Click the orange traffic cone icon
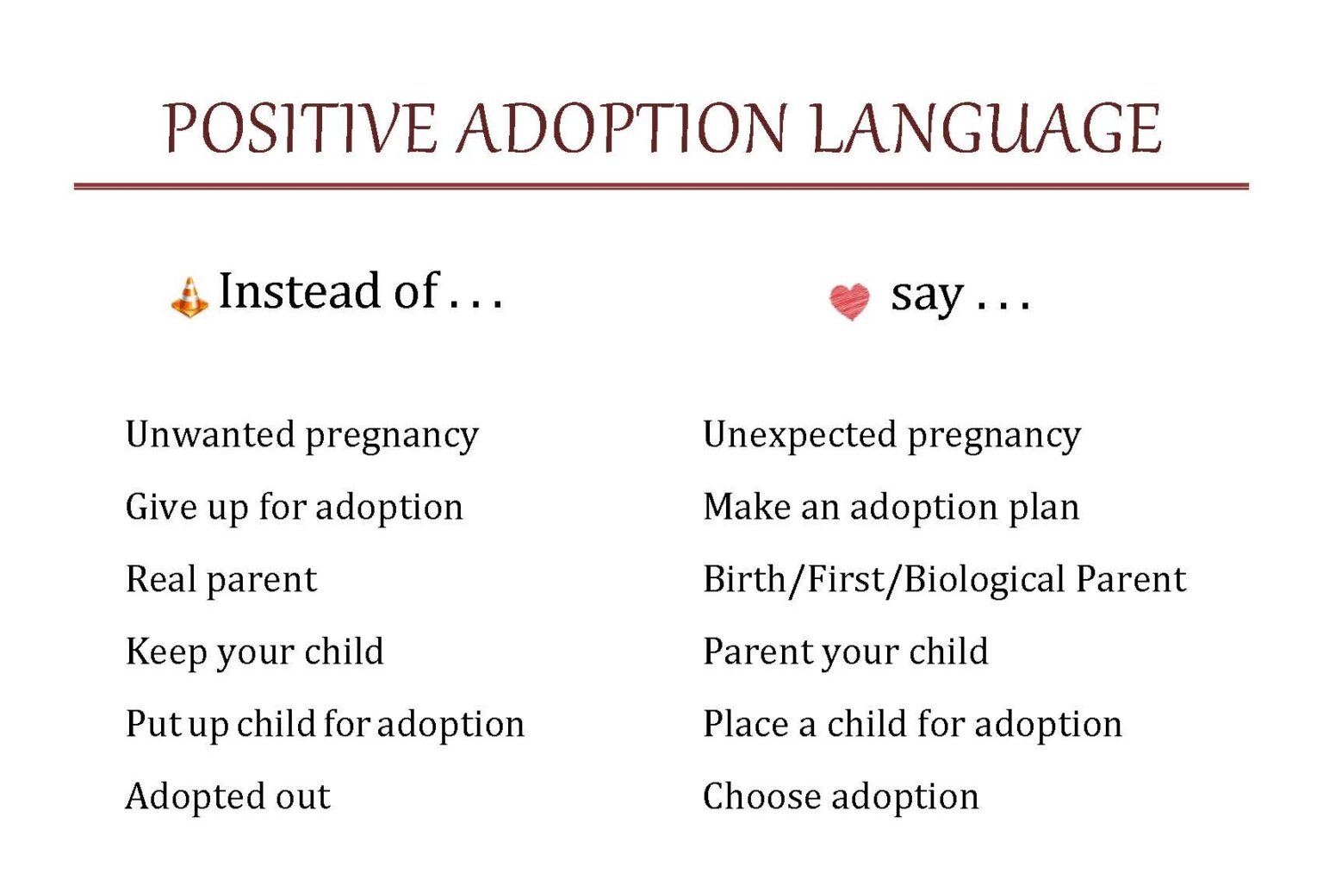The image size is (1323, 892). (x=189, y=297)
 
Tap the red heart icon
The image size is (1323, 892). (x=849, y=302)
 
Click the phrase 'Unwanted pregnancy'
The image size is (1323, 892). (x=301, y=435)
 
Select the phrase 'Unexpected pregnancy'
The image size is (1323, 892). (x=891, y=435)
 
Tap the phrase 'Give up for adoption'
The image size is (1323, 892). (x=294, y=507)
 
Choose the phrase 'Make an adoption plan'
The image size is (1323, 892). (x=891, y=507)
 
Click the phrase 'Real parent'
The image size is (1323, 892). (x=221, y=579)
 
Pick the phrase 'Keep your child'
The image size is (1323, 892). (x=254, y=652)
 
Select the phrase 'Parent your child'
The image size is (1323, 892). (x=845, y=652)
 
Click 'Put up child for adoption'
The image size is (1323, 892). (x=325, y=724)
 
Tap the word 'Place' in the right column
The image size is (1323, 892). (x=745, y=724)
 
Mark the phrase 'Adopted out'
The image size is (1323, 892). (x=227, y=796)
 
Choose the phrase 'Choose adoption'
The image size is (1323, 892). (x=841, y=796)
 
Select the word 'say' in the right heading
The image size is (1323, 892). (x=926, y=296)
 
